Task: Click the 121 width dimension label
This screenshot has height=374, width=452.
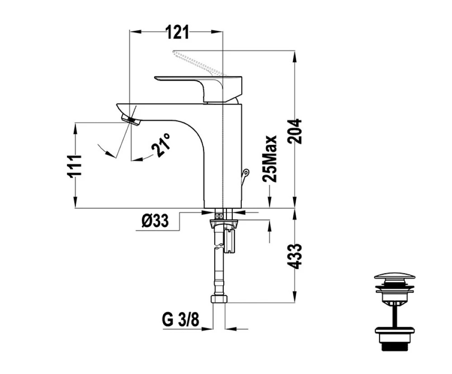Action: (x=178, y=32)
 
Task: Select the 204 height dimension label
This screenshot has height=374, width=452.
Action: (x=294, y=131)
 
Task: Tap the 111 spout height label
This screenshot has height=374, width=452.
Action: (x=75, y=165)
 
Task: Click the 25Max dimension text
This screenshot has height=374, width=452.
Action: (x=269, y=158)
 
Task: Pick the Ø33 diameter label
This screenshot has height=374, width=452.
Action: (x=155, y=221)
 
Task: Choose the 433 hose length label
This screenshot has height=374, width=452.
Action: (x=295, y=256)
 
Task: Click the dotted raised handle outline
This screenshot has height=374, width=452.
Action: (x=199, y=63)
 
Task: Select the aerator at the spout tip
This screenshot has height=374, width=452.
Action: (x=131, y=120)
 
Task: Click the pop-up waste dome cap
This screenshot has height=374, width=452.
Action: (x=395, y=275)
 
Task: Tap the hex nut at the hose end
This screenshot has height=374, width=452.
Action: (x=219, y=299)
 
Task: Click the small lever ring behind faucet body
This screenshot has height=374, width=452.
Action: (x=245, y=173)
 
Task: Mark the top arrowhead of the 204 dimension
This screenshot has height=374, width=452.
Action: (x=295, y=56)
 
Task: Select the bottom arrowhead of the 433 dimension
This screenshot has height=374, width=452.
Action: (x=295, y=297)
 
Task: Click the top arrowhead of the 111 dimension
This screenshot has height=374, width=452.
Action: (x=75, y=129)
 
